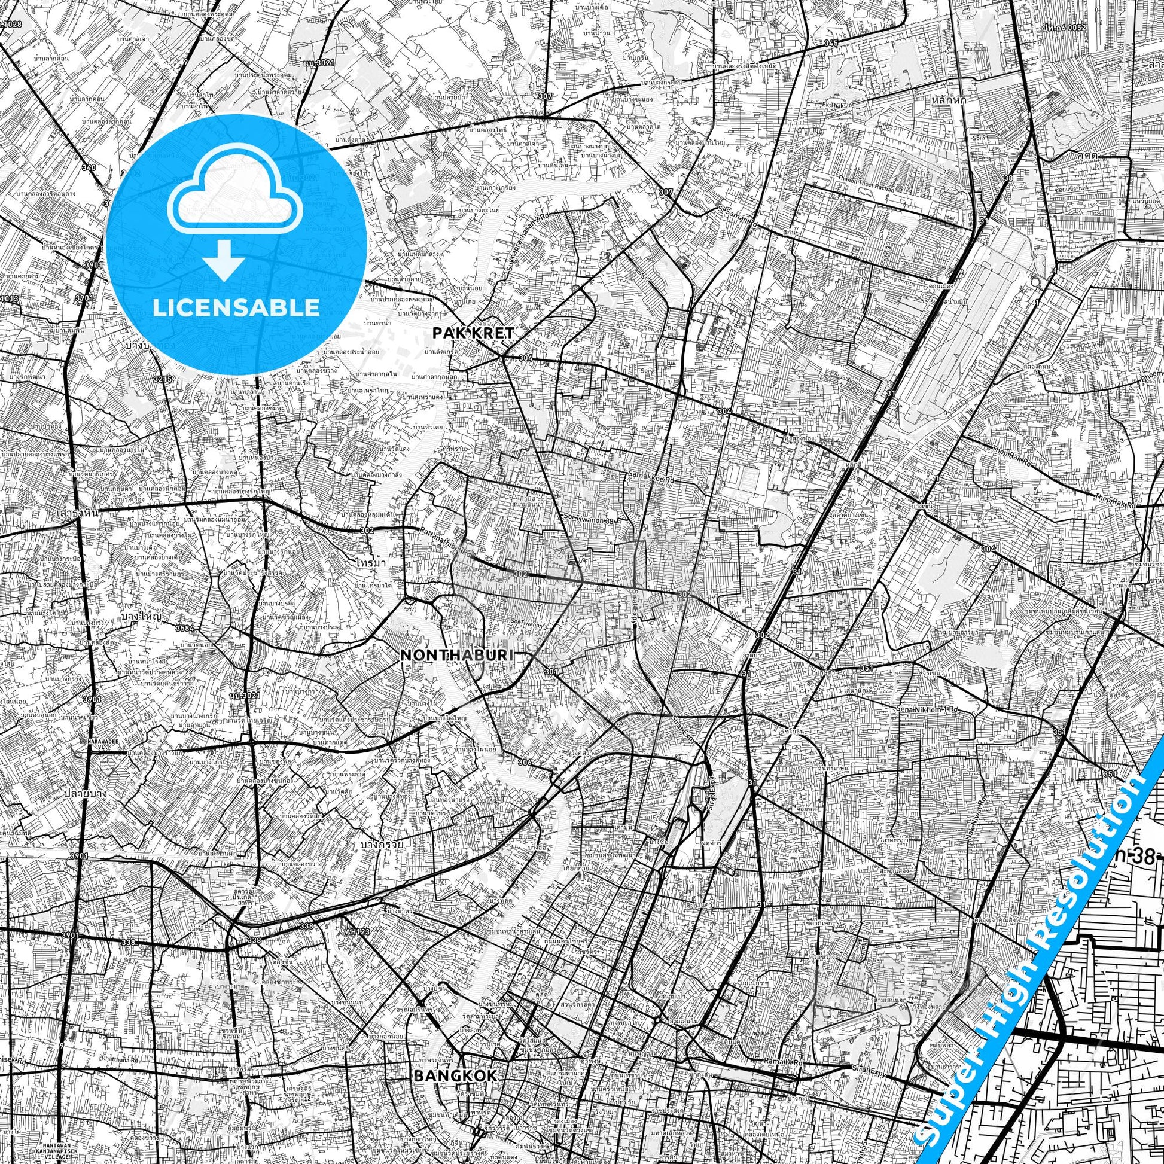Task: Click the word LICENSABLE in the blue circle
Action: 236,307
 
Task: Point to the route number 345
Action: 831,43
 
